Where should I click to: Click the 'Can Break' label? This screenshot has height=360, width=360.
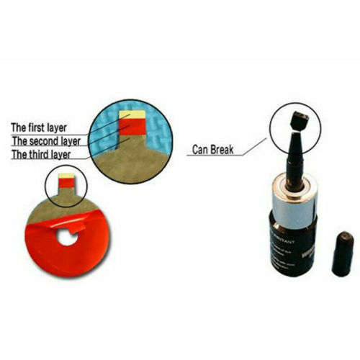[215, 150]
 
